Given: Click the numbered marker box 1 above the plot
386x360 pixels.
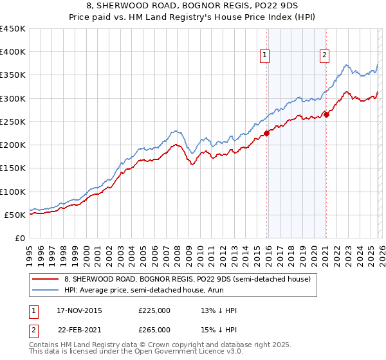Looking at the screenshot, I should [x=265, y=56].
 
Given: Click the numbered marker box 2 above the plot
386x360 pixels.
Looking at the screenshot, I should [x=324, y=56].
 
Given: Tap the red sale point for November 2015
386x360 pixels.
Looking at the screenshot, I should [x=266, y=134].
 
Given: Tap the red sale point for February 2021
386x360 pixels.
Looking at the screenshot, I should [x=326, y=115].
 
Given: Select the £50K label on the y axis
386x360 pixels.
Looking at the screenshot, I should [x=15, y=215].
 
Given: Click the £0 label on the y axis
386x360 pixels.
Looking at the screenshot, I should [x=19, y=238].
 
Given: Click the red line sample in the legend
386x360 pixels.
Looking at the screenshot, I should [x=46, y=279].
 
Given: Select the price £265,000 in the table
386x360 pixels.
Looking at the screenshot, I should [x=154, y=329].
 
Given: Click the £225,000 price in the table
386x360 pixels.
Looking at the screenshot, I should [x=154, y=310].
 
